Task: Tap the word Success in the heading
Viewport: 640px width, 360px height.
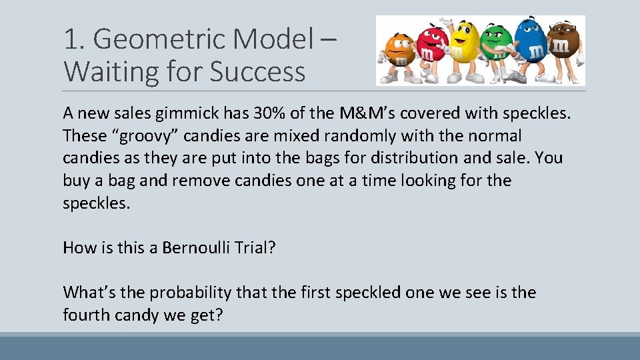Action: [x=257, y=71]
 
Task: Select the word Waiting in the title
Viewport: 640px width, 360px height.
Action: [x=105, y=71]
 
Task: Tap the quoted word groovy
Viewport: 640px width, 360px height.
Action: [x=144, y=136]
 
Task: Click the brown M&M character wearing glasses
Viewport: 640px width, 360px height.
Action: [x=563, y=50]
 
